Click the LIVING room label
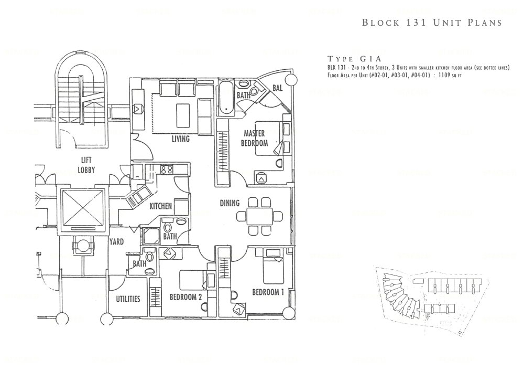[x=180, y=140]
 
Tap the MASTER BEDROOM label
[x=255, y=139]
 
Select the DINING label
[x=229, y=203]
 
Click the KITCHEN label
[x=161, y=207]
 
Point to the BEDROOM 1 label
[x=268, y=292]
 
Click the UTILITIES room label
[x=128, y=299]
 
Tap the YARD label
[x=116, y=242]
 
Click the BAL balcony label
[x=277, y=88]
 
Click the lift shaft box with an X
[x=83, y=208]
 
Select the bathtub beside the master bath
[x=224, y=98]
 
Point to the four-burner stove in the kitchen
[x=166, y=169]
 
